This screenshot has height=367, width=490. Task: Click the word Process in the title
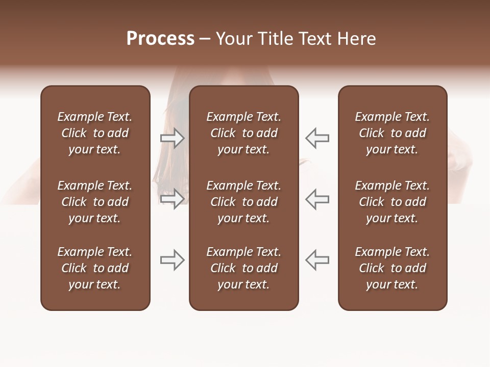tap(160, 39)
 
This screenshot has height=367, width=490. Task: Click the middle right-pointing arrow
tap(173, 199)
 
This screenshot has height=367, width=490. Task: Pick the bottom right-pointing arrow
tap(173, 260)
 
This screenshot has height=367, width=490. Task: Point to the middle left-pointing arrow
tap(317, 199)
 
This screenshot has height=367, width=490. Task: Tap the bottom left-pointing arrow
tap(317, 260)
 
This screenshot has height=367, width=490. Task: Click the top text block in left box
tap(95, 133)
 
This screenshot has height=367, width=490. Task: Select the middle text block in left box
tap(95, 202)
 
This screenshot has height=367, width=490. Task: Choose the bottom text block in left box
tap(95, 268)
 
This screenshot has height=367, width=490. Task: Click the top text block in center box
tap(243, 133)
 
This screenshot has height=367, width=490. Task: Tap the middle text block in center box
tap(243, 202)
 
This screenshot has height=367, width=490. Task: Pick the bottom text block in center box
tap(243, 268)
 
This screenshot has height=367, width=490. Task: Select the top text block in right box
tap(392, 133)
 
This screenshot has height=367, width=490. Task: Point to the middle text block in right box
tap(392, 202)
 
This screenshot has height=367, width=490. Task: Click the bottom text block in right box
tap(392, 268)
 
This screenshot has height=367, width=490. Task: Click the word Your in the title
tap(232, 39)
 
